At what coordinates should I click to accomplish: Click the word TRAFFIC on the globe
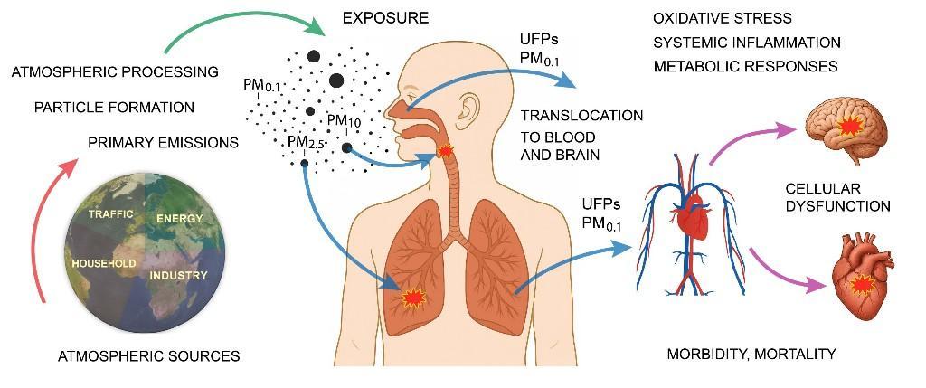[110, 213]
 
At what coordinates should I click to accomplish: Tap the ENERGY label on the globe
[180, 219]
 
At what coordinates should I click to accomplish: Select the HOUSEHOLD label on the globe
[104, 263]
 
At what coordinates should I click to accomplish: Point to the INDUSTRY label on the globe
[178, 275]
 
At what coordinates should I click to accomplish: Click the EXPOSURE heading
[385, 18]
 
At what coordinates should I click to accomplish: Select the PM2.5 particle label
[307, 142]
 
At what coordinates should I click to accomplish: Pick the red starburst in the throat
[446, 151]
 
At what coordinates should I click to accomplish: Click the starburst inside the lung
[412, 298]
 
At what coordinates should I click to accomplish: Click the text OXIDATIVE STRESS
[723, 18]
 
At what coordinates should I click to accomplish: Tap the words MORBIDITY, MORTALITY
[751, 355]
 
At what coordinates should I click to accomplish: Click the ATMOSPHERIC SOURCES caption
[149, 356]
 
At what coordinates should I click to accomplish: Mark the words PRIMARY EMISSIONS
[163, 143]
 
